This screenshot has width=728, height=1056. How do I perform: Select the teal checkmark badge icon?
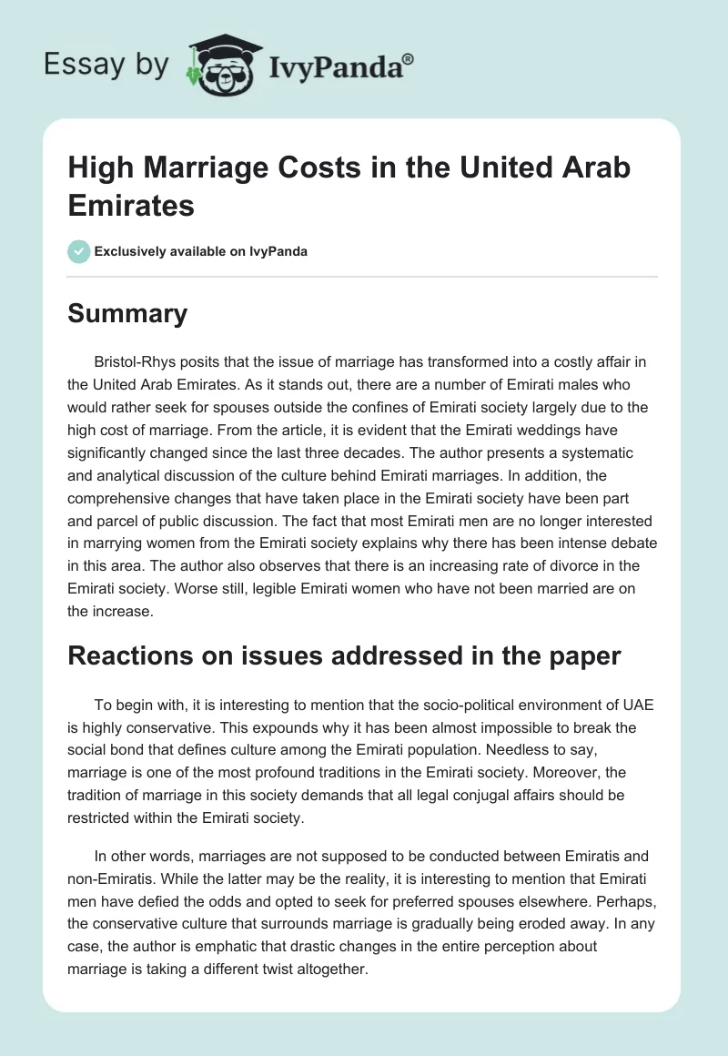(78, 251)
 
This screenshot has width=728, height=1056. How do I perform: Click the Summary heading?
(127, 314)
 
